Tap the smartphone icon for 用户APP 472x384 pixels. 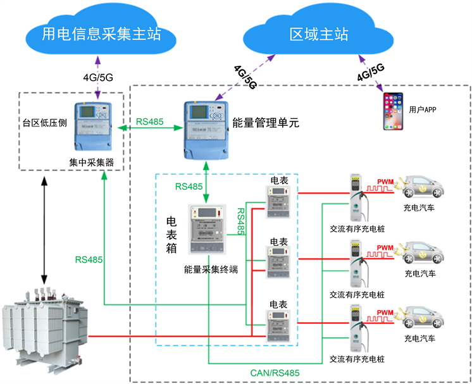point(392,111)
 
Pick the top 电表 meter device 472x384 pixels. point(278,203)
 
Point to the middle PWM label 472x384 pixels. point(386,247)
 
